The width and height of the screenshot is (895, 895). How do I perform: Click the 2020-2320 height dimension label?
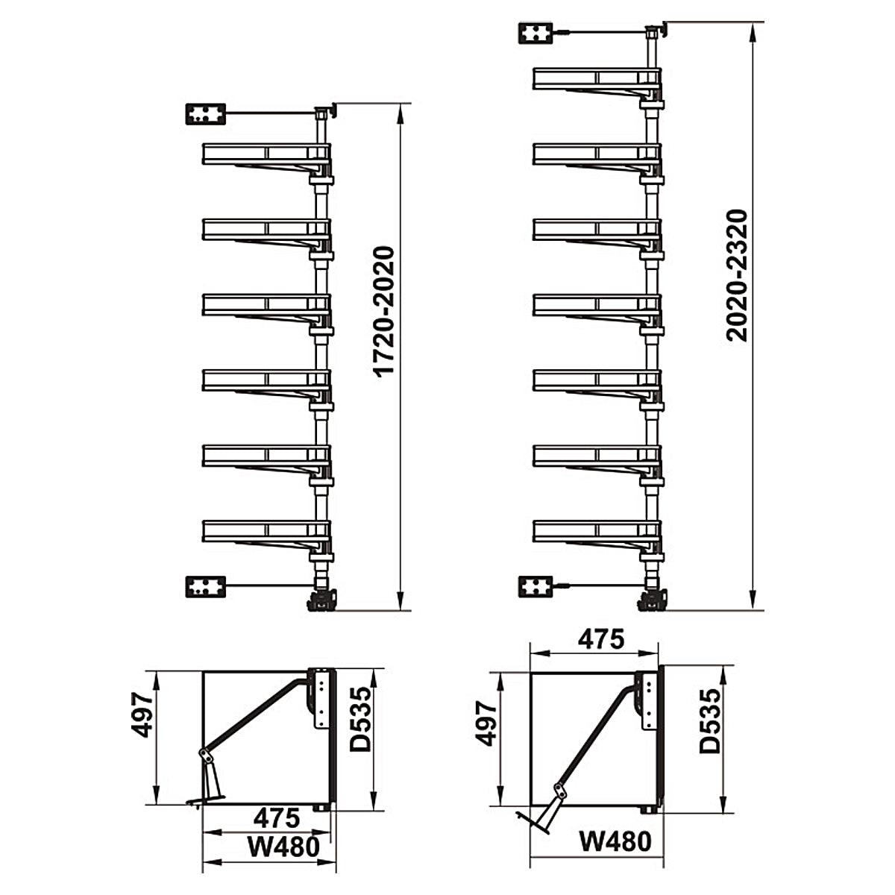point(737,276)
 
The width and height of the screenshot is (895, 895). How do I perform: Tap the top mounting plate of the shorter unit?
point(206,114)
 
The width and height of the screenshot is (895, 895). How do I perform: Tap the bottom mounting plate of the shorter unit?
point(206,587)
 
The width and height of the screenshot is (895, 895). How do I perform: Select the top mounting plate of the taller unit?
point(536,34)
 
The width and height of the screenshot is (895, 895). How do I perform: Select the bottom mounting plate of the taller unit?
point(536,587)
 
